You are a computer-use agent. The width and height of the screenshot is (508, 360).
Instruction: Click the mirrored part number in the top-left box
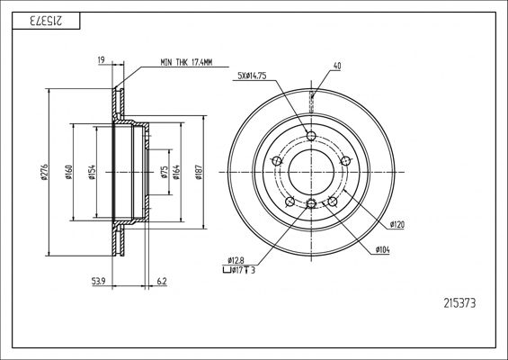point(46,21)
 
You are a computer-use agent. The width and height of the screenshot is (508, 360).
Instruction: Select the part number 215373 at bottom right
point(459,303)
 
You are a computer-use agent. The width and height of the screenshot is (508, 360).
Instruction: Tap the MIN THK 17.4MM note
point(186,62)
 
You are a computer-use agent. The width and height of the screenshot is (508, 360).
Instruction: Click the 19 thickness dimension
point(101,59)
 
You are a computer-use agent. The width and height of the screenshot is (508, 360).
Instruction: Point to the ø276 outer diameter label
point(44,172)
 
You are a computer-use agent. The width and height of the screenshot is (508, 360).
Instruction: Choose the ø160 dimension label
point(68,172)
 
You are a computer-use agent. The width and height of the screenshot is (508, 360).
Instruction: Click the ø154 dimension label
point(92,172)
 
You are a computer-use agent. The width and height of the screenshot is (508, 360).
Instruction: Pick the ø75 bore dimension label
point(165,172)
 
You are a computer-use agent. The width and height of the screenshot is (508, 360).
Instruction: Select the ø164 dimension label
point(176,172)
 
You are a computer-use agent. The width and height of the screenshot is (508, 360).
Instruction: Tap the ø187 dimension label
point(199,172)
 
